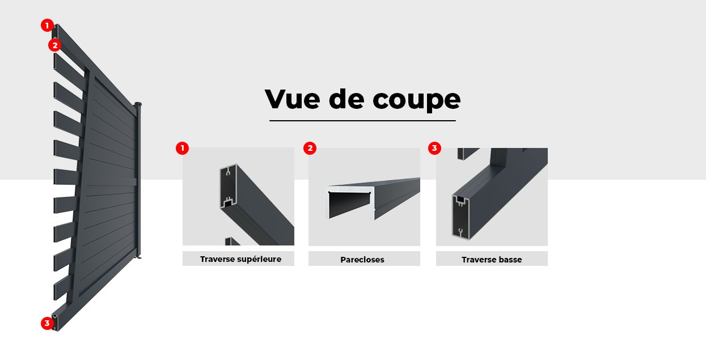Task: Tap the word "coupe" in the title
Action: click(416, 100)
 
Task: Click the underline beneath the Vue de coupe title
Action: click(362, 120)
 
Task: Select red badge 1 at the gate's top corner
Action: click(47, 26)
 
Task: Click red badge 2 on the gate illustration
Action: click(54, 45)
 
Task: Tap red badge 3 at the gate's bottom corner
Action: click(47, 323)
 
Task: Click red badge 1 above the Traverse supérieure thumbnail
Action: click(182, 149)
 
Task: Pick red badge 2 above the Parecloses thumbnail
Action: click(310, 149)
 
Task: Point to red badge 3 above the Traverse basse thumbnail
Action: click(434, 149)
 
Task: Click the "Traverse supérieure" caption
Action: click(240, 259)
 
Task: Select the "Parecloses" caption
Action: click(362, 260)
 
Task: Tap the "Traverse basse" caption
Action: click(492, 260)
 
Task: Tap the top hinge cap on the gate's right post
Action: click(138, 104)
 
